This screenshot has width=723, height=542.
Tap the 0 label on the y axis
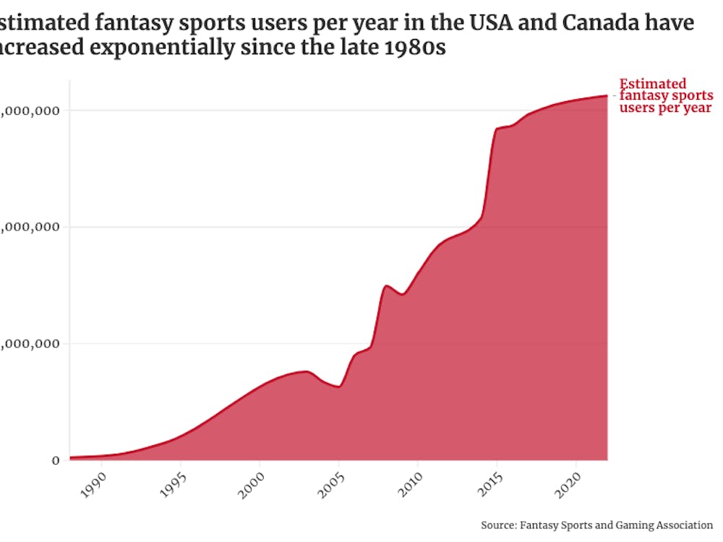click(x=56, y=460)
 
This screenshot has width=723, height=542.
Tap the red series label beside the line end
click(x=665, y=96)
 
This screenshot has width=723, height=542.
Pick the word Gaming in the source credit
click(x=630, y=525)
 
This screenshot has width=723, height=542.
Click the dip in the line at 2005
click(x=338, y=387)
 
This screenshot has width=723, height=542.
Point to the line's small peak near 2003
click(x=307, y=371)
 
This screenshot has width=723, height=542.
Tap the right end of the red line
click(x=607, y=95)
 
